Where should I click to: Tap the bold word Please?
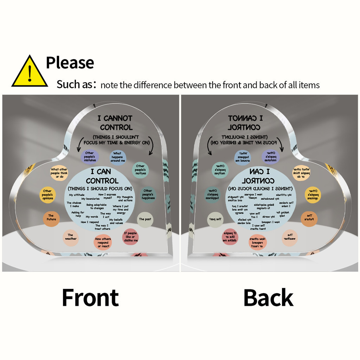click(x=70, y=63)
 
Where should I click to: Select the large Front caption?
click(x=90, y=298)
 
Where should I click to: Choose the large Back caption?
click(x=268, y=298)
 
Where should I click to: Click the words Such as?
click(x=75, y=85)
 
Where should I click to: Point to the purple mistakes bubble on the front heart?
click(x=90, y=157)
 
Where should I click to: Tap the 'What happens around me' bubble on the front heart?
click(x=117, y=157)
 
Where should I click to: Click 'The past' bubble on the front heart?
click(x=144, y=219)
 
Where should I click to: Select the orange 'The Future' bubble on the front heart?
click(x=51, y=218)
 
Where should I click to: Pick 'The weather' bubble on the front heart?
click(x=70, y=237)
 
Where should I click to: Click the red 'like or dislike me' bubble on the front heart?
click(x=130, y=237)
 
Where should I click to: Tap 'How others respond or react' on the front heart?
click(x=103, y=243)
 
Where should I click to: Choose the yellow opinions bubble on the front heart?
click(x=47, y=194)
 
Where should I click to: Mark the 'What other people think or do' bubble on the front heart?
click(x=59, y=173)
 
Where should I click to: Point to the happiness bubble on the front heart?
click(x=148, y=194)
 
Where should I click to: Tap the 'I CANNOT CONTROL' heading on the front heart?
click(x=116, y=123)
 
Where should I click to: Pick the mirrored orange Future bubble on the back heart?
click(x=309, y=218)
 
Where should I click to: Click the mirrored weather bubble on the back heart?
click(x=290, y=237)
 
